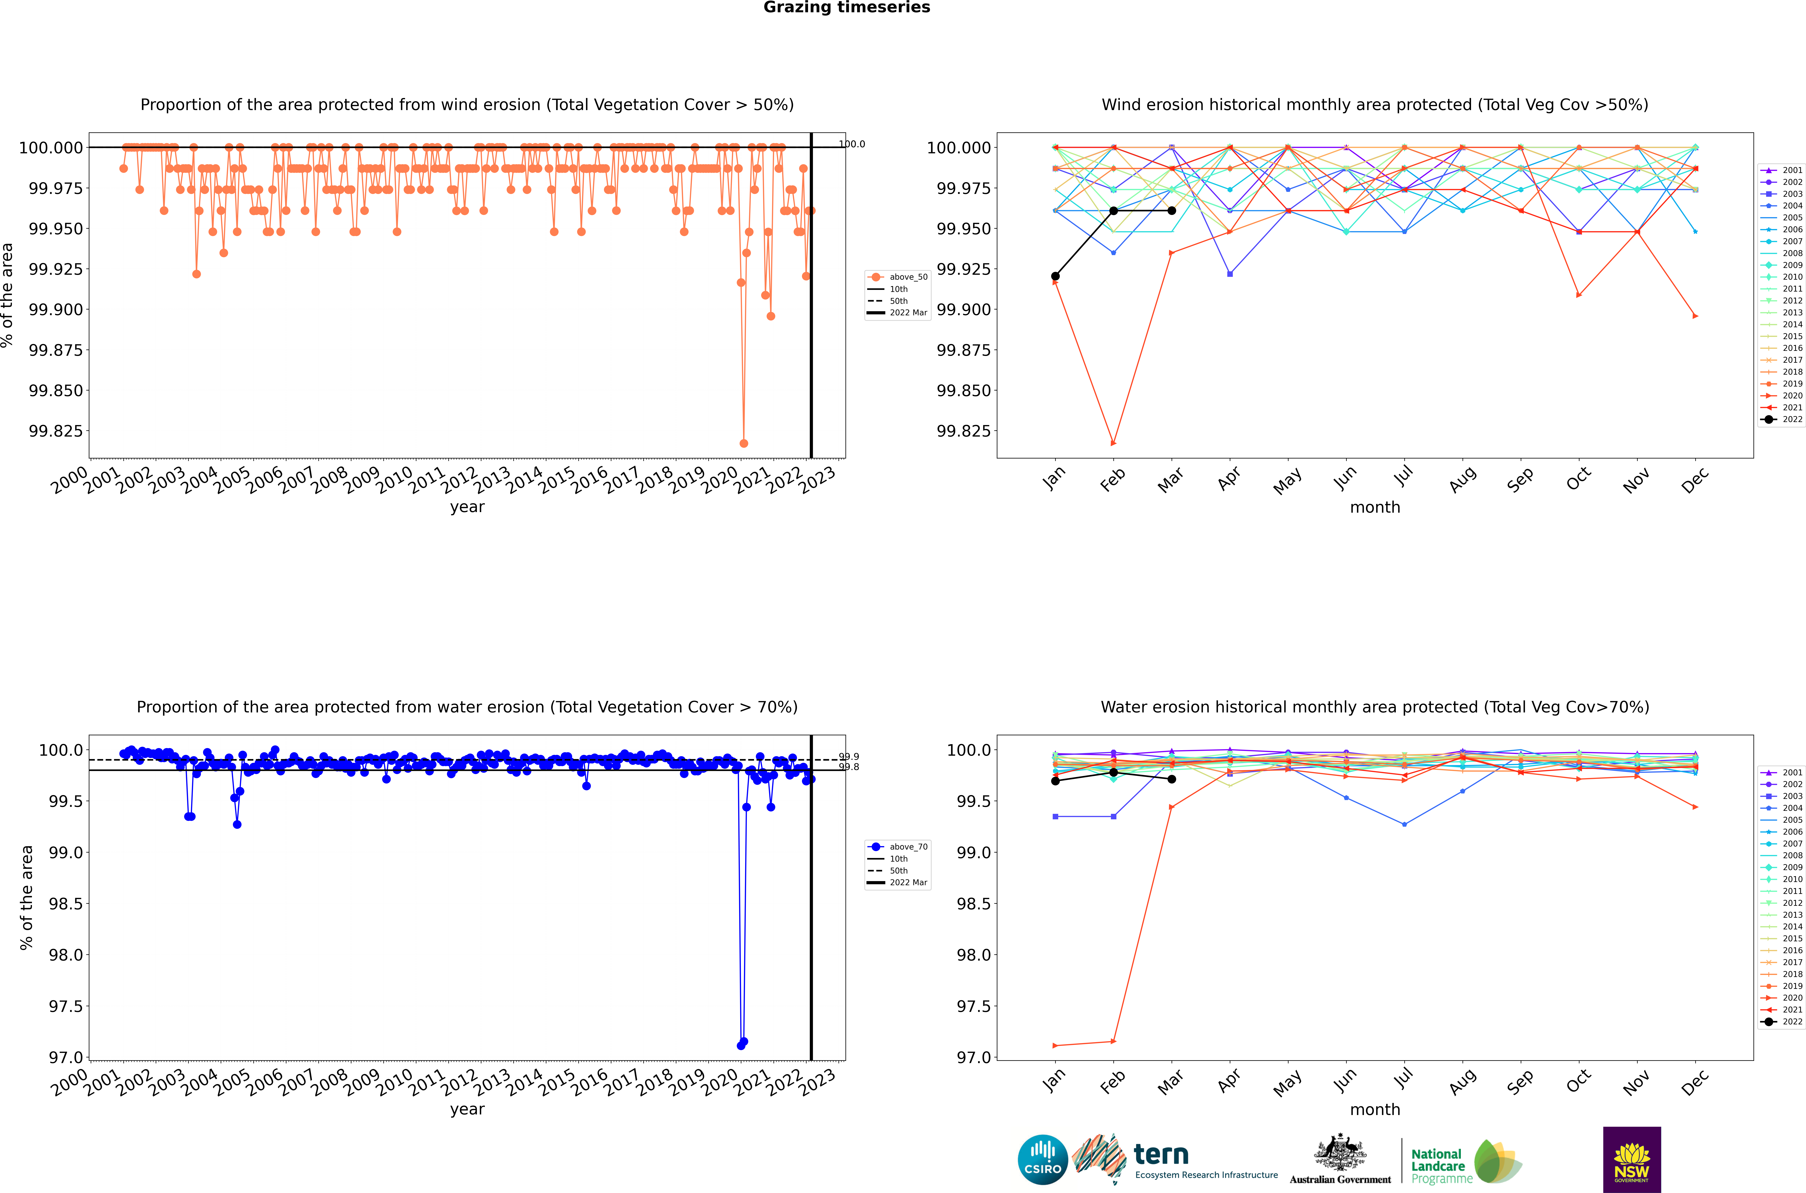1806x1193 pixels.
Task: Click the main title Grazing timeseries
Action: coord(846,8)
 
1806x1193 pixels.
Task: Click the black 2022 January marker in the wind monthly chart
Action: coord(1055,276)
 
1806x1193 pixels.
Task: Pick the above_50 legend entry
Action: coord(898,277)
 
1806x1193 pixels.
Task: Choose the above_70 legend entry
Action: coord(898,847)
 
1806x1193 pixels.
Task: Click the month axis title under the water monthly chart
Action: coord(1374,1109)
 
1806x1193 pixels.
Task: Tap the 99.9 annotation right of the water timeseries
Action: coord(848,757)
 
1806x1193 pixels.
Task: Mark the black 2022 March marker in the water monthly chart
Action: coord(1171,779)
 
